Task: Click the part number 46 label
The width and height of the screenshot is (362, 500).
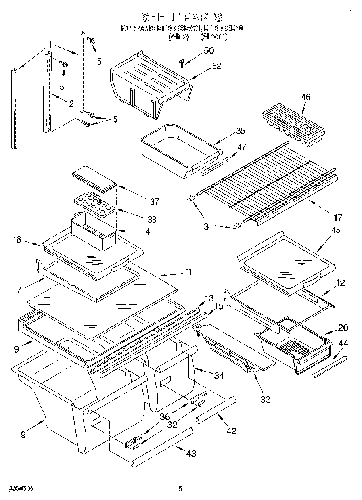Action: (x=306, y=97)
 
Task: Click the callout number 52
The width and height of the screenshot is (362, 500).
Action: (x=216, y=66)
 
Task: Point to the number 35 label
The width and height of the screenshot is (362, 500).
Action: (x=240, y=130)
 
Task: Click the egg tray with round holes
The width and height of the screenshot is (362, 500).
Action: (x=93, y=204)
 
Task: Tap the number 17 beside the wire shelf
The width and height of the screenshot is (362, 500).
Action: (x=338, y=218)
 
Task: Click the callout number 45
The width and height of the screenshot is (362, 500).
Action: (x=335, y=230)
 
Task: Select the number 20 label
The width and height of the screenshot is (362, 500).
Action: (x=343, y=327)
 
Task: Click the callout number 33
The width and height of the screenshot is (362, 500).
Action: (x=265, y=400)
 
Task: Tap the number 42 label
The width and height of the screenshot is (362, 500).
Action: (x=231, y=431)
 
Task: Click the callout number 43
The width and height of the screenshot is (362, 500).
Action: (x=191, y=453)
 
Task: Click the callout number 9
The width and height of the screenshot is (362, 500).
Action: (x=16, y=349)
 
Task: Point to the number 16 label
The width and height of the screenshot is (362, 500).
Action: (x=17, y=240)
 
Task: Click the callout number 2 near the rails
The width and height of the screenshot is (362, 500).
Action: (x=71, y=104)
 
